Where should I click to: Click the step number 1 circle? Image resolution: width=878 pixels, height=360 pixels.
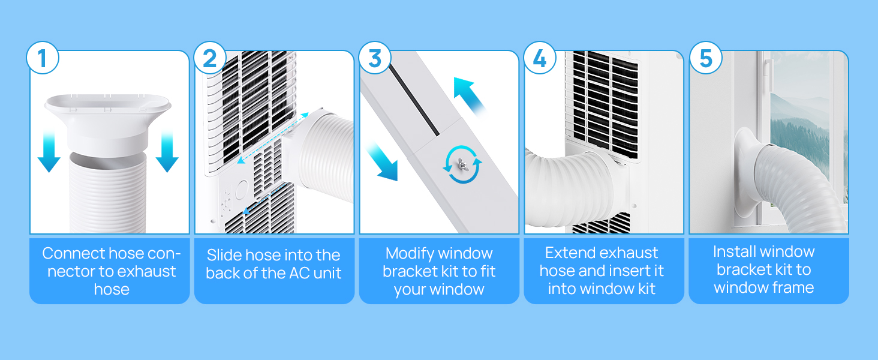click(43, 58)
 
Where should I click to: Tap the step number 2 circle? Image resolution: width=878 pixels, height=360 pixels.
click(210, 58)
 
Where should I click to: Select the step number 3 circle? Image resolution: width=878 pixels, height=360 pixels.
click(375, 58)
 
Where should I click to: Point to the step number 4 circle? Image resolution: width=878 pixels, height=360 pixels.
click(540, 58)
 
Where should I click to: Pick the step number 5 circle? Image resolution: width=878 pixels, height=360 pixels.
click(705, 58)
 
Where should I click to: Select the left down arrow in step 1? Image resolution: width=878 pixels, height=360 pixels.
click(49, 152)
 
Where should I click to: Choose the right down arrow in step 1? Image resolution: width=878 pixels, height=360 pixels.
click(167, 152)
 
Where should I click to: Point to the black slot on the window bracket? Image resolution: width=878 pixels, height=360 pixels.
click(414, 101)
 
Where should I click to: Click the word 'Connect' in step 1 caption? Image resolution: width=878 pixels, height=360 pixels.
click(74, 253)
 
